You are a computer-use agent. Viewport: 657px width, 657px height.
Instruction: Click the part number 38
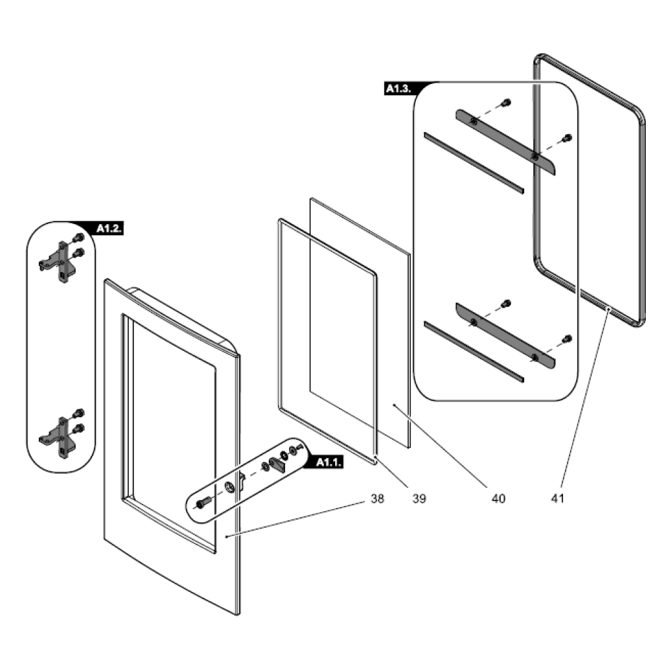(x=377, y=499)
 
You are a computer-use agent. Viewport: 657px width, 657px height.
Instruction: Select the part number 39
(x=419, y=499)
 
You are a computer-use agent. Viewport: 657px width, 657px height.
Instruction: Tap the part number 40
(x=499, y=499)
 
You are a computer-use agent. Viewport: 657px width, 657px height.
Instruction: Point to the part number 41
(x=557, y=499)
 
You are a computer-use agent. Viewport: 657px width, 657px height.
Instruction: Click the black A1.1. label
(x=329, y=462)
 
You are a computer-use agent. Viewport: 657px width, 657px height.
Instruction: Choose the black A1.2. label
(x=109, y=229)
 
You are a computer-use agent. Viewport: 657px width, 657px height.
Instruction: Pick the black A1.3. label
(x=399, y=89)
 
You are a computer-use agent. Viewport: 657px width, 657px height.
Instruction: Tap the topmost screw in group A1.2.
(x=78, y=238)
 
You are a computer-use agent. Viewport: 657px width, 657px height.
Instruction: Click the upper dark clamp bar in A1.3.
(x=505, y=142)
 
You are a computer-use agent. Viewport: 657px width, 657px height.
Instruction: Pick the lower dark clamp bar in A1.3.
(x=505, y=335)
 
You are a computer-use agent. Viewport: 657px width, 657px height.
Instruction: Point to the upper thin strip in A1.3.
(x=474, y=163)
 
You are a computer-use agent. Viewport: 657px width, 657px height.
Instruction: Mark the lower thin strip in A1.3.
(x=474, y=351)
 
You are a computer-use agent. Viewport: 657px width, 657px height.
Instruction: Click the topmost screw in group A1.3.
(x=506, y=102)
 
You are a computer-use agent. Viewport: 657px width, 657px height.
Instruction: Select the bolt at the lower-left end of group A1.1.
(x=202, y=503)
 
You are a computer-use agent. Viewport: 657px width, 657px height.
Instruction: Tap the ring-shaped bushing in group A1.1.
(x=229, y=487)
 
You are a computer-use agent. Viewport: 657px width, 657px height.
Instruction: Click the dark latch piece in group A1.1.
(x=277, y=464)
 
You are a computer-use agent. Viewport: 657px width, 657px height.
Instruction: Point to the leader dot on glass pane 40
(x=394, y=405)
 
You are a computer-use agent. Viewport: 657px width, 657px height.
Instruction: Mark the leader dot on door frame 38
(x=226, y=536)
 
